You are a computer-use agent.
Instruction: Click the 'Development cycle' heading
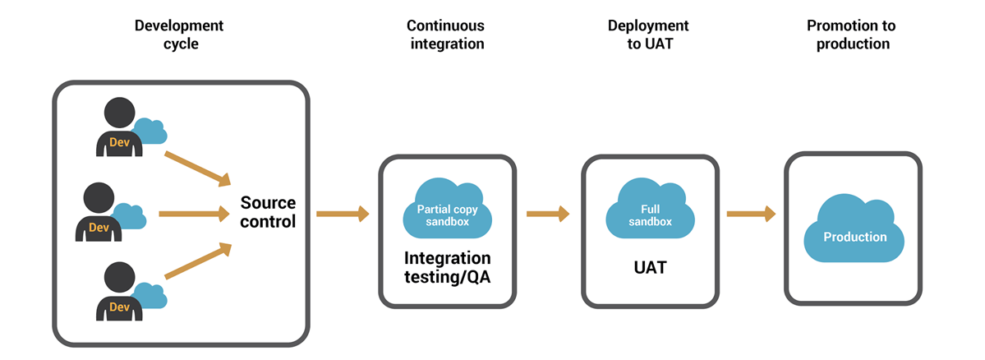coord(179,35)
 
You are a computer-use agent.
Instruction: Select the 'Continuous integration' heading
coord(445,35)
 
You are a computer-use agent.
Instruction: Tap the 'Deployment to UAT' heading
coord(648,35)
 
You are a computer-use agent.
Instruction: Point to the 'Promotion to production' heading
coord(852,35)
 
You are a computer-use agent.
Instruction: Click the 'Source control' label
coord(268,212)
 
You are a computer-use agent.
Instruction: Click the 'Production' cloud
coord(855,237)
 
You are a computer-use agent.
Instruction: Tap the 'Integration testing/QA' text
coord(447,268)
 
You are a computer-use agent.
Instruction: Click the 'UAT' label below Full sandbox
coord(650,268)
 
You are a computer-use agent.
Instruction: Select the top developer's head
coord(120,112)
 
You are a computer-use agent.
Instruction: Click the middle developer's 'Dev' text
coord(99,227)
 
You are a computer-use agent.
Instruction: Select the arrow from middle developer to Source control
coord(193,214)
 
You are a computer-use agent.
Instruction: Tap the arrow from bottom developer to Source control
coord(197,261)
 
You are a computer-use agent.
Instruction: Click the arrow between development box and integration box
coord(342,214)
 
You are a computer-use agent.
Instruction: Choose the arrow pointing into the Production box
coord(751,214)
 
